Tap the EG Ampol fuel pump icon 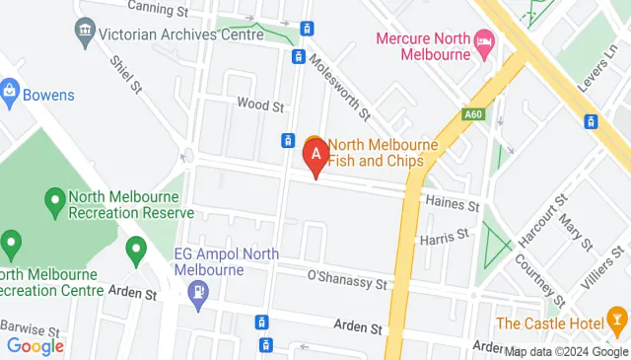(198, 292)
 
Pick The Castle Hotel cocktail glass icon (617, 323)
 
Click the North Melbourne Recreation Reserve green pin (55, 203)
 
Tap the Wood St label (260, 104)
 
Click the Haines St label (452, 204)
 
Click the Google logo (35, 345)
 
